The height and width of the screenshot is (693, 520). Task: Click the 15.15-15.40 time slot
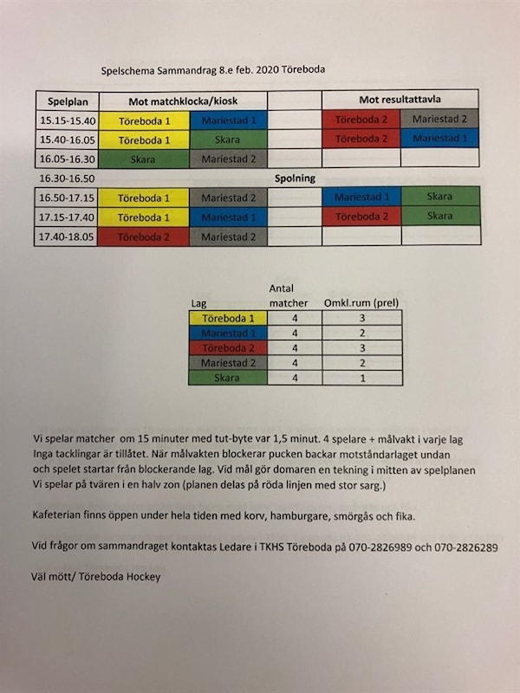68,120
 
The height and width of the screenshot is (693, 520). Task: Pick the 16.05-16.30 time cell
68,159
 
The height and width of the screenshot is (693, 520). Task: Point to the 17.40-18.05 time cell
67,236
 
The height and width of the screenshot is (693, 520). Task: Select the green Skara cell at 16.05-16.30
143,159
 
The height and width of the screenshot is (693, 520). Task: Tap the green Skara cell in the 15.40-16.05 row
229,139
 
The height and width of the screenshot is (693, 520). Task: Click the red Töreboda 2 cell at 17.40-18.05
143,236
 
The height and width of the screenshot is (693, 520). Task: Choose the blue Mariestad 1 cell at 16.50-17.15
361,198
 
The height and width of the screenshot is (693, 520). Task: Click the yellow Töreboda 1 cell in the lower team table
228,319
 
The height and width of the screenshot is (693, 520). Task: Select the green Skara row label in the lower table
228,378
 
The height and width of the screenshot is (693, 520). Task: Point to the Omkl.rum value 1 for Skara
361,378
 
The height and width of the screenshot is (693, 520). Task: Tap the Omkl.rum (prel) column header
361,303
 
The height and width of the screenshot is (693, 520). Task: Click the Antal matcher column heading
289,296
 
